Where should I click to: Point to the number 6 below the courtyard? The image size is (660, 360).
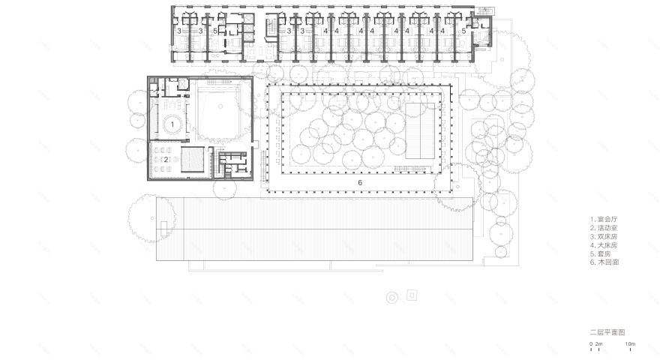click(x=360, y=182)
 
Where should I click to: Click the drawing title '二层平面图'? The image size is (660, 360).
click(x=607, y=331)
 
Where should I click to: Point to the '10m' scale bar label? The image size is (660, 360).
click(x=631, y=344)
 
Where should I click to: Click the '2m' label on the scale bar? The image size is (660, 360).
click(x=599, y=344)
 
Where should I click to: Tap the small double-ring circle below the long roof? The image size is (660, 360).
click(x=391, y=298)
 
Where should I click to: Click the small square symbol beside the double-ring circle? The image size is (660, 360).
click(x=410, y=295)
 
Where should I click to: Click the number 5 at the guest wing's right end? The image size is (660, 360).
click(x=463, y=31)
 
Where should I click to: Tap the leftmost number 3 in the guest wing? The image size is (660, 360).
click(x=179, y=31)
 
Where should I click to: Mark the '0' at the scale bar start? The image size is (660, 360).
click(x=591, y=344)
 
